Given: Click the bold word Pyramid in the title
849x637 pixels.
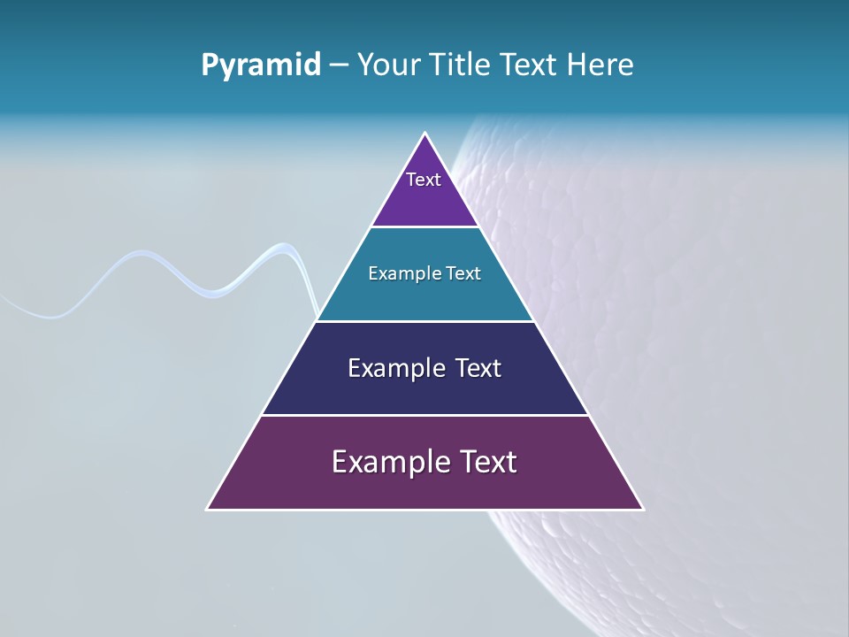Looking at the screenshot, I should tap(261, 65).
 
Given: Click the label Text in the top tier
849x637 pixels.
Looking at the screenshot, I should tap(424, 180).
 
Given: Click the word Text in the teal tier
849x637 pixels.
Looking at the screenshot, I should tap(464, 274).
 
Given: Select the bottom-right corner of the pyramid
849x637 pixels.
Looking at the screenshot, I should tap(642, 509).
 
